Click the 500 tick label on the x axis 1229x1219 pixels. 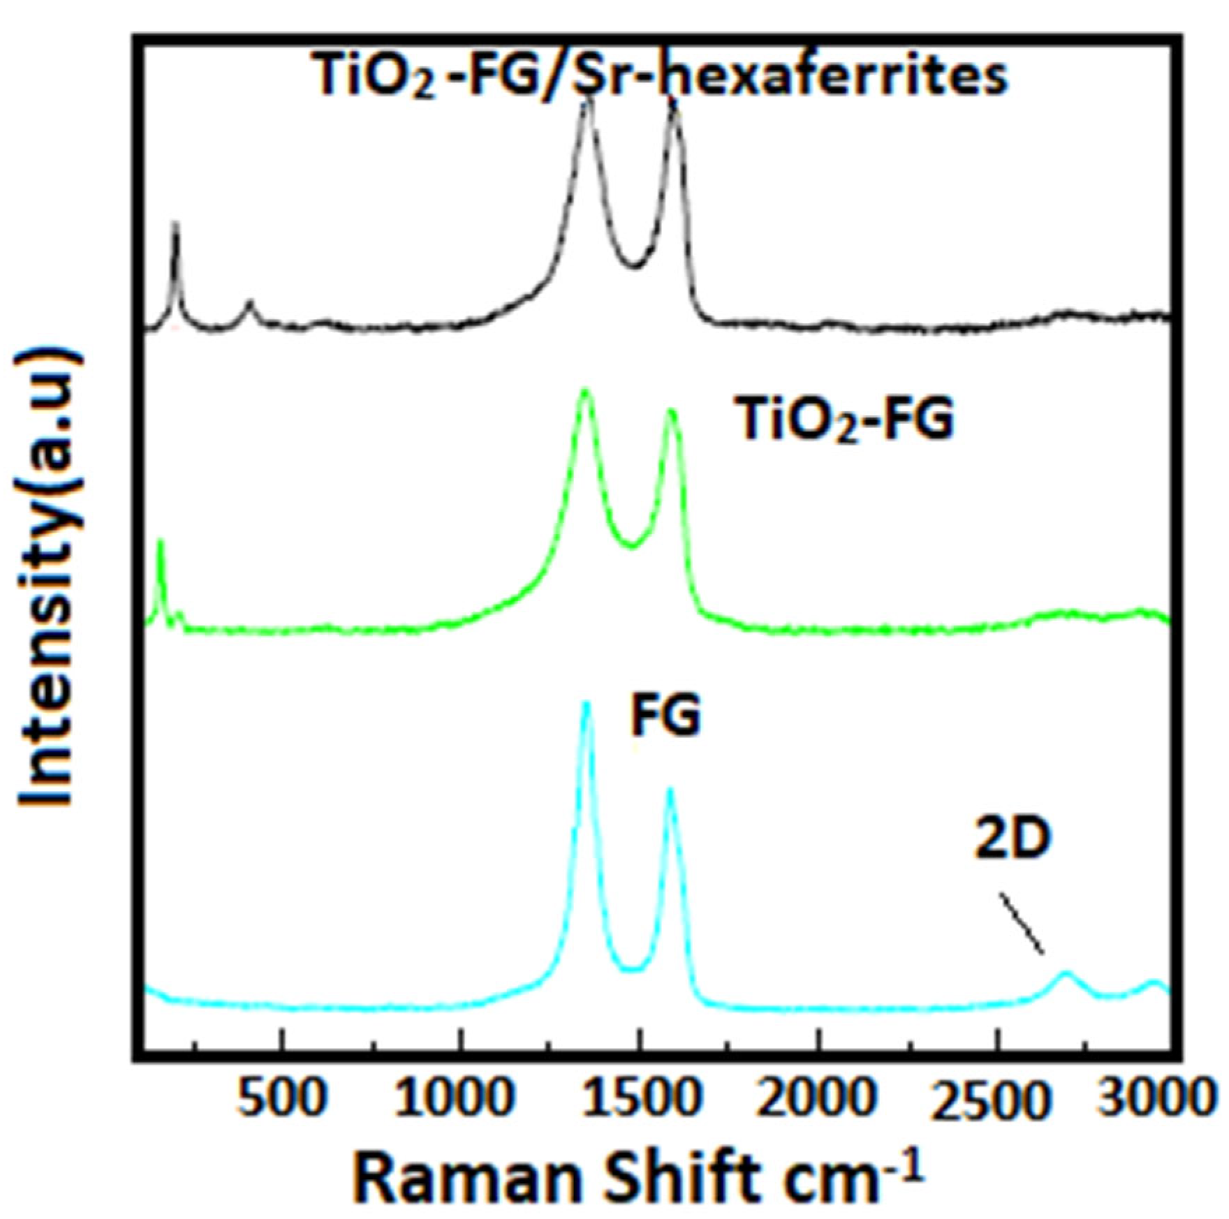[281, 1099]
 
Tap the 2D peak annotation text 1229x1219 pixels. [1013, 839]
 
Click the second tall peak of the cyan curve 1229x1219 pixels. [670, 790]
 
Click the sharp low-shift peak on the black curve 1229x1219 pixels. [176, 223]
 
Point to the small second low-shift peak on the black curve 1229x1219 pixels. [250, 302]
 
